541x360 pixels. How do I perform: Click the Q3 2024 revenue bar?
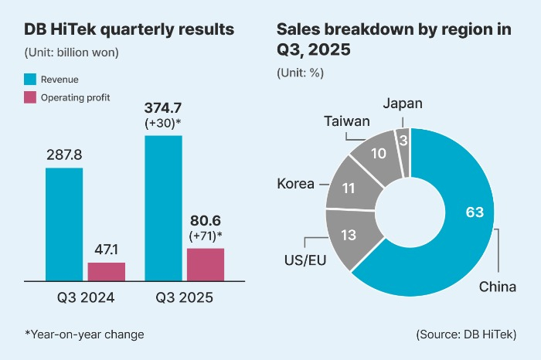64,223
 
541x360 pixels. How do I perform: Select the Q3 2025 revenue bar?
163,207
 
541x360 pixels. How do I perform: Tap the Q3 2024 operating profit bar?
106,271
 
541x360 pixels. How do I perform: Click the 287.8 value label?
64,155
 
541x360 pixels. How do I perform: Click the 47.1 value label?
106,250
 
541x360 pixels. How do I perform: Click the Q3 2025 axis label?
185,296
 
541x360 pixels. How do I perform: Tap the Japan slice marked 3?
402,142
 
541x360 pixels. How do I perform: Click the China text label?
497,287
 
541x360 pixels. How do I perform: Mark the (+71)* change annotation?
206,236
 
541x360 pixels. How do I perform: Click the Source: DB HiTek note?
466,334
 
